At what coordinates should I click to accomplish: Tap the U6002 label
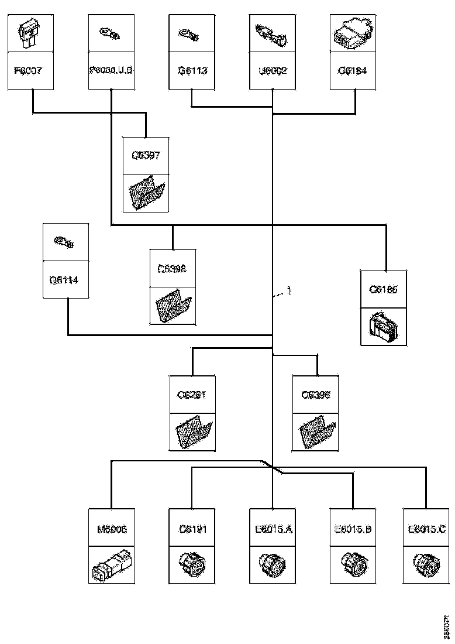click(273, 71)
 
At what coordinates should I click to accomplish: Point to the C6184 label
click(353, 71)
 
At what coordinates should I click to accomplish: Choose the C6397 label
click(146, 156)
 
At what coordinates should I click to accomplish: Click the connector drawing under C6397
click(146, 193)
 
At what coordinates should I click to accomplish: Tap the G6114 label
click(66, 279)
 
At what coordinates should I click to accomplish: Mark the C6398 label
click(172, 269)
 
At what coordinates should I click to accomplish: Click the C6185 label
click(384, 289)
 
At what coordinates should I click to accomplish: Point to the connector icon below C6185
click(384, 327)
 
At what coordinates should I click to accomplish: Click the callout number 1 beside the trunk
click(288, 290)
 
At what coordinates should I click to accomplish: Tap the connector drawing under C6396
click(316, 433)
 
